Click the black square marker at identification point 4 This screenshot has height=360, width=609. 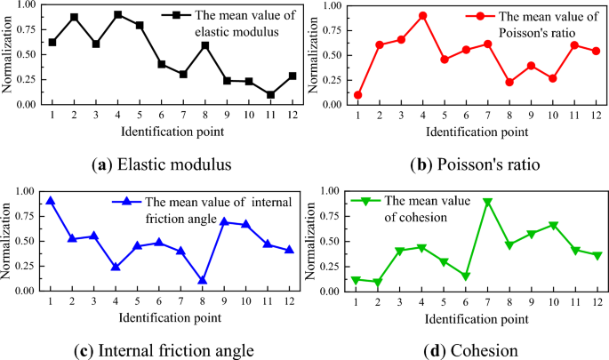point(118,15)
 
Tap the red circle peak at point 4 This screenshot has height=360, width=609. point(423,15)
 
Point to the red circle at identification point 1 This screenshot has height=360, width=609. point(358,94)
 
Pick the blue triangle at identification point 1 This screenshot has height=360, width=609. point(51,201)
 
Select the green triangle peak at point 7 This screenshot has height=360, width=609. point(488,203)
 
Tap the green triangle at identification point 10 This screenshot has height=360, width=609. point(553,226)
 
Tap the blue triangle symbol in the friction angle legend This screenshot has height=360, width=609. point(128,202)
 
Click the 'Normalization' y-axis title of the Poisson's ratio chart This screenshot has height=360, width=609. point(312,54)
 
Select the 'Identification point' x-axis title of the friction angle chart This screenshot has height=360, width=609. point(169,316)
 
